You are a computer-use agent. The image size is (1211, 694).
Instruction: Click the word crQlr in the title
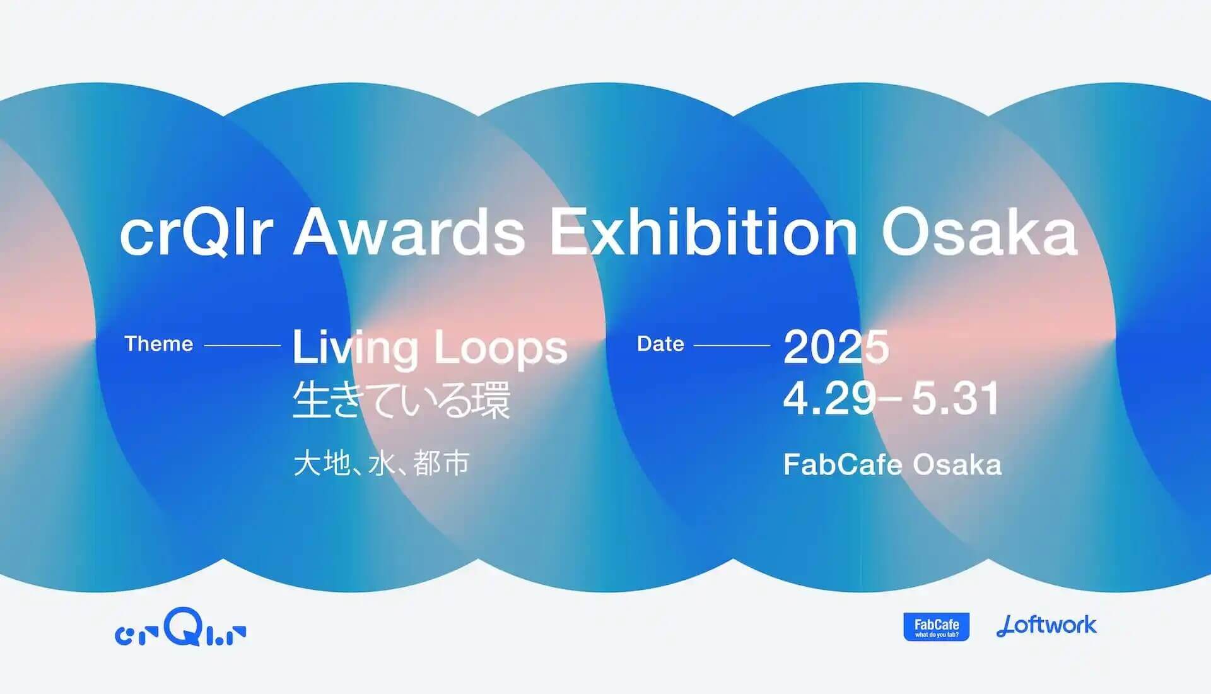pos(196,232)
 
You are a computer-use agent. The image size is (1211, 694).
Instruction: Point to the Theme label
pos(158,344)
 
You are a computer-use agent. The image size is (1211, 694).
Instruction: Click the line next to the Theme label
pos(242,346)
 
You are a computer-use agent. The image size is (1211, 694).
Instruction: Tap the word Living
pos(356,348)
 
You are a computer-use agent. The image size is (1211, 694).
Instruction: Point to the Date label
pos(660,344)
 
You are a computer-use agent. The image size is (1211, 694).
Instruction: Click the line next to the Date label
pos(732,346)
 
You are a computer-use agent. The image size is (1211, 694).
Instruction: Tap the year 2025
pos(836,346)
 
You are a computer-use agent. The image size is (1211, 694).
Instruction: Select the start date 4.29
pos(830,398)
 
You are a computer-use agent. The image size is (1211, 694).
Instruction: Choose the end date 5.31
pos(956,398)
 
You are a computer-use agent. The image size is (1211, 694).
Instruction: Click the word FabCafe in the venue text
pos(843,465)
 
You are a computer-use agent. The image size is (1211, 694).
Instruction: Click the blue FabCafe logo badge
pos(937,626)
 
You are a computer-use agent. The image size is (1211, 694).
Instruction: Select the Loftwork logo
pos(1046,625)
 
